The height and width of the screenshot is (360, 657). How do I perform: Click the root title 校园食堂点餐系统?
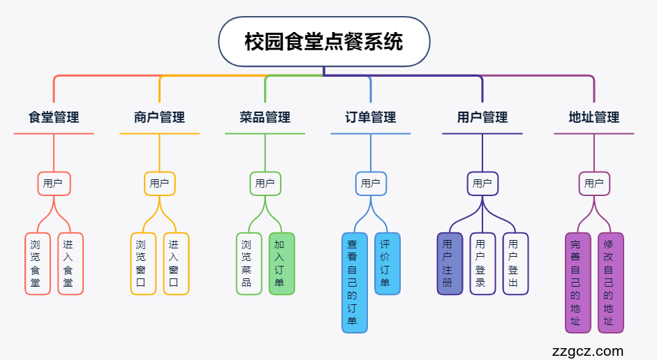pos(324,41)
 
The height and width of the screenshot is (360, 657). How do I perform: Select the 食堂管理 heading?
pos(54,117)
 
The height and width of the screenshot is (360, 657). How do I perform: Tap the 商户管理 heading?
pos(159,117)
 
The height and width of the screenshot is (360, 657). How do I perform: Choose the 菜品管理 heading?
pos(265,117)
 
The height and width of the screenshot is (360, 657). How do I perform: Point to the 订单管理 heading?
pos(371,117)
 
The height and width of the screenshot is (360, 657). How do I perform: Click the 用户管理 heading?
pos(482,117)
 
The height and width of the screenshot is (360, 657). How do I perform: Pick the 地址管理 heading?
pos(594,117)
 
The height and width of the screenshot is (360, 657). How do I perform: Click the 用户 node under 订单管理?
pos(371,183)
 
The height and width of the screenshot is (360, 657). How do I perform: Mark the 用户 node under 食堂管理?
pos(54,183)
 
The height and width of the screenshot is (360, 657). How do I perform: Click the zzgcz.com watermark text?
pos(587,351)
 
